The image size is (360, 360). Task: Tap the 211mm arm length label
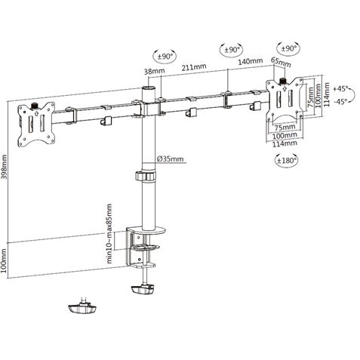tap(195, 66)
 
